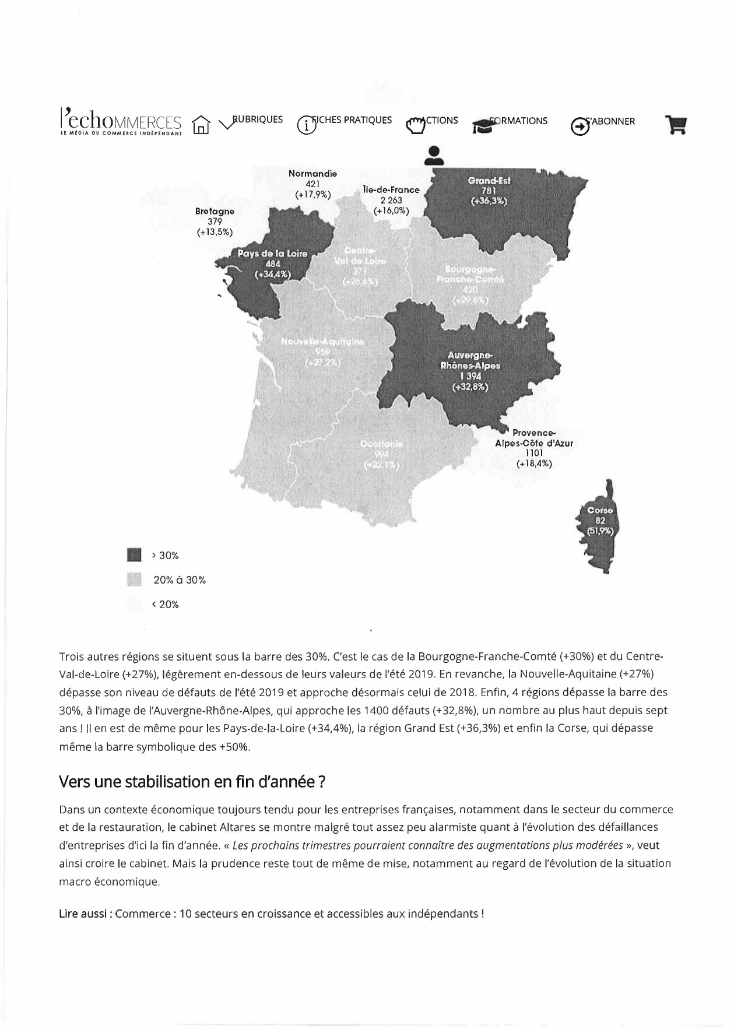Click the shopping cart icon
click(x=676, y=125)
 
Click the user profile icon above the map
click(x=433, y=154)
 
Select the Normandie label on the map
click(x=312, y=174)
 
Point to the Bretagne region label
click(x=215, y=212)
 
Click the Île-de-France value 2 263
click(x=391, y=201)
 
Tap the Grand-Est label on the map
click(x=489, y=181)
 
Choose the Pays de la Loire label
click(x=272, y=254)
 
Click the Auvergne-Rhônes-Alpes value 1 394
click(x=470, y=376)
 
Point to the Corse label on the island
click(x=599, y=510)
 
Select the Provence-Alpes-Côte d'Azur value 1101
click(x=533, y=453)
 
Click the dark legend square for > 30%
click(x=134, y=555)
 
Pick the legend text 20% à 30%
click(x=180, y=580)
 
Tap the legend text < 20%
click(x=165, y=605)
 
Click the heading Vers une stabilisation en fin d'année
click(x=192, y=782)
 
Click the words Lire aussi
click(x=84, y=914)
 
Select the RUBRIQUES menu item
click(x=257, y=120)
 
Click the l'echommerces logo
click(x=121, y=121)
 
